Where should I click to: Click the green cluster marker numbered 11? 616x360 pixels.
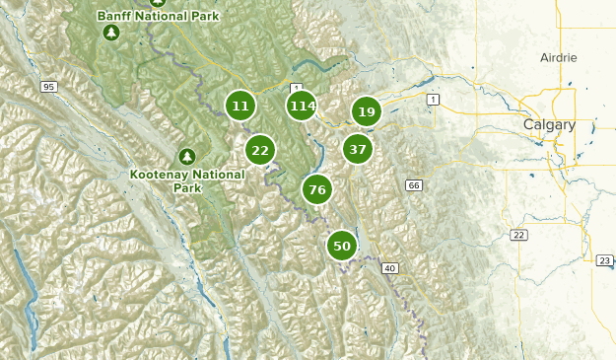pyautogui.click(x=240, y=106)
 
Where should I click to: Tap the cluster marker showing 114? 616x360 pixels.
pyautogui.click(x=303, y=106)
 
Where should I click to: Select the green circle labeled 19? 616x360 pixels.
pyautogui.click(x=367, y=112)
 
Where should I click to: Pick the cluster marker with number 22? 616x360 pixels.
pyautogui.click(x=260, y=150)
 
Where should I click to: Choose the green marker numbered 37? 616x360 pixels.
pyautogui.click(x=358, y=150)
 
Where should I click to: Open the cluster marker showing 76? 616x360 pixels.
pyautogui.click(x=316, y=190)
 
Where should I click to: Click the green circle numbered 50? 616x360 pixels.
pyautogui.click(x=342, y=247)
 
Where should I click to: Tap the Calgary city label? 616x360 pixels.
pyautogui.click(x=548, y=124)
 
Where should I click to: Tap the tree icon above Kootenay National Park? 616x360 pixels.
pyautogui.click(x=186, y=156)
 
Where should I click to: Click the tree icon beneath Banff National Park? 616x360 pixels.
pyautogui.click(x=111, y=33)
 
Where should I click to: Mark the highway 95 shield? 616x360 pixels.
pyautogui.click(x=48, y=88)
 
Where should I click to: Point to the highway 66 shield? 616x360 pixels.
pyautogui.click(x=413, y=185)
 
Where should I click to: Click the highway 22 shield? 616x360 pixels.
pyautogui.click(x=518, y=234)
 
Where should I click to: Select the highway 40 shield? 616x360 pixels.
pyautogui.click(x=391, y=268)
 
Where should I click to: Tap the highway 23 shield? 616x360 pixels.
pyautogui.click(x=604, y=259)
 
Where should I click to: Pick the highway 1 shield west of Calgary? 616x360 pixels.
pyautogui.click(x=432, y=100)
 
